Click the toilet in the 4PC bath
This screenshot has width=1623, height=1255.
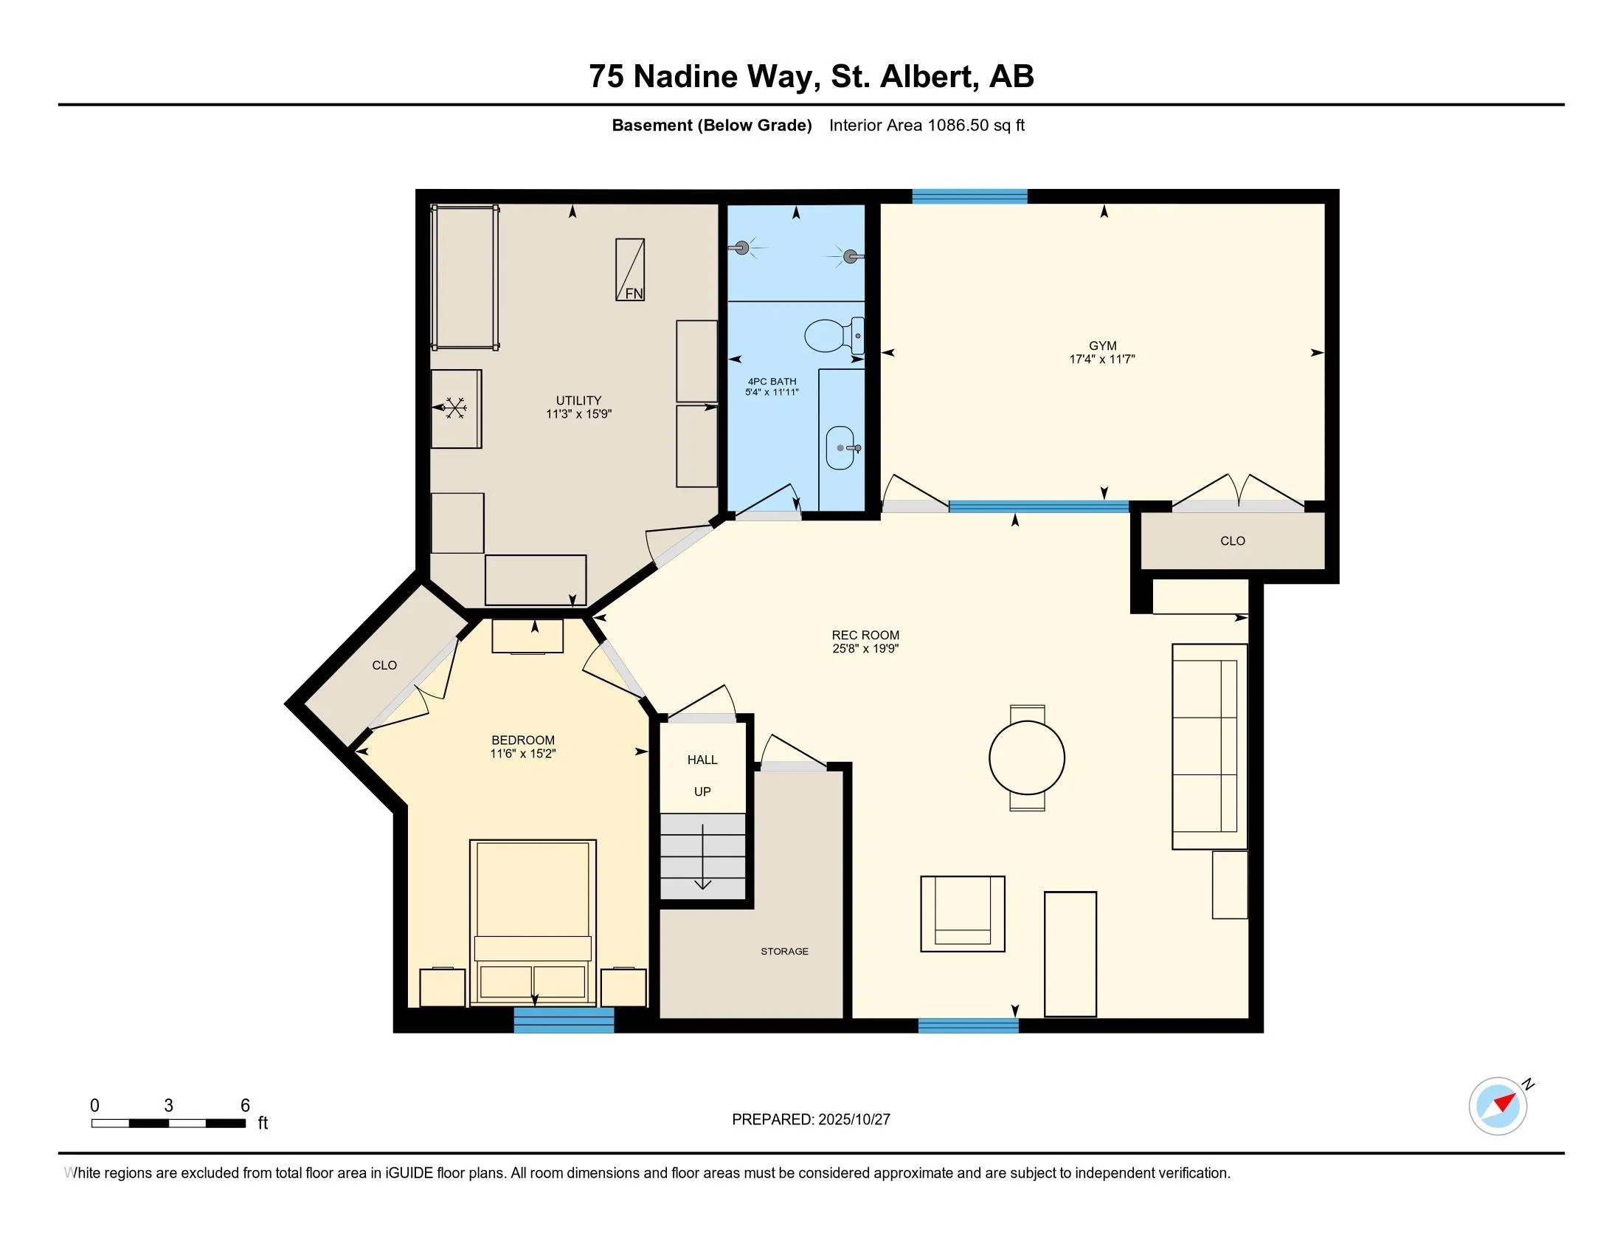click(830, 337)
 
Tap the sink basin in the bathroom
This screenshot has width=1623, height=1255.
click(840, 447)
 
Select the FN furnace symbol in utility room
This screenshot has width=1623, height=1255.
click(630, 270)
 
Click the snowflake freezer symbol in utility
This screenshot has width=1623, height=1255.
click(454, 408)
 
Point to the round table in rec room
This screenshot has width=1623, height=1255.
click(1027, 758)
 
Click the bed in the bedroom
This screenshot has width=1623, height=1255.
click(533, 922)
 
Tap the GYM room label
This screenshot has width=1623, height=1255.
click(1103, 345)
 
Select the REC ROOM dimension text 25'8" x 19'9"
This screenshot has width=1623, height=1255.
click(866, 648)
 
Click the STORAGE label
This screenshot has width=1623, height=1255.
click(785, 952)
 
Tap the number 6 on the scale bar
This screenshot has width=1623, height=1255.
click(245, 1106)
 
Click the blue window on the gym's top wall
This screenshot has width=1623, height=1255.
click(969, 196)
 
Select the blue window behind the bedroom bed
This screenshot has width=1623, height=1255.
click(564, 1020)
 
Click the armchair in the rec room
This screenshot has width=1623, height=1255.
click(963, 914)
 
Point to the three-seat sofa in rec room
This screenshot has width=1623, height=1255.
click(1209, 746)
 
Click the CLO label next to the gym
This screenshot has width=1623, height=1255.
click(1233, 541)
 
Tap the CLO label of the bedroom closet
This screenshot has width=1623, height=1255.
click(384, 665)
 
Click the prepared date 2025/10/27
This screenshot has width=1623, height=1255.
click(853, 1120)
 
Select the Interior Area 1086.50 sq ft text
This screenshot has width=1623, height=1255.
click(927, 125)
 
